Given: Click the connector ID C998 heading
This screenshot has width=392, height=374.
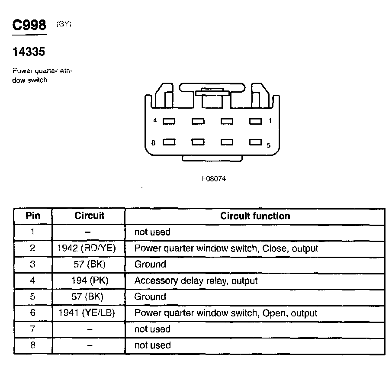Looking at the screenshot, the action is coord(29,26).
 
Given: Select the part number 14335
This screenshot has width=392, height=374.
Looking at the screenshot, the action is coord(29,52).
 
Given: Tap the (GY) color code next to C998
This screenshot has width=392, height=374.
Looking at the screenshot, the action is coord(64,24).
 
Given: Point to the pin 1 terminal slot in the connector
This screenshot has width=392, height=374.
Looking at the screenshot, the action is coord(255,122).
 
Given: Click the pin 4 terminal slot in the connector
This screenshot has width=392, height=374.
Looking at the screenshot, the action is coord(169,122).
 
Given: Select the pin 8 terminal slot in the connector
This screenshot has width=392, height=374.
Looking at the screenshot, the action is coord(169,142).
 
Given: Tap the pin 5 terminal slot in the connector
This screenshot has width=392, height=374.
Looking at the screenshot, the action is coord(255,142).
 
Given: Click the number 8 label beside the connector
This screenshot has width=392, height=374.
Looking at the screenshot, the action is coord(154,142).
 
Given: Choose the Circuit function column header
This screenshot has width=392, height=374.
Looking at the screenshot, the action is coord(255,216).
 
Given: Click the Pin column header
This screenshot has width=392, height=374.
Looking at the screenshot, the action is coord(32,216).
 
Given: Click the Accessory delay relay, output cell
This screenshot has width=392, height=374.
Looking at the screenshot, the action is coord(196,280).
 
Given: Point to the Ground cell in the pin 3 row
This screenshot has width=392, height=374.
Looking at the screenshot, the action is coord(150,264).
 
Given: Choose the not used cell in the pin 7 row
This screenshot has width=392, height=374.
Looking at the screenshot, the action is coord(152,329).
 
